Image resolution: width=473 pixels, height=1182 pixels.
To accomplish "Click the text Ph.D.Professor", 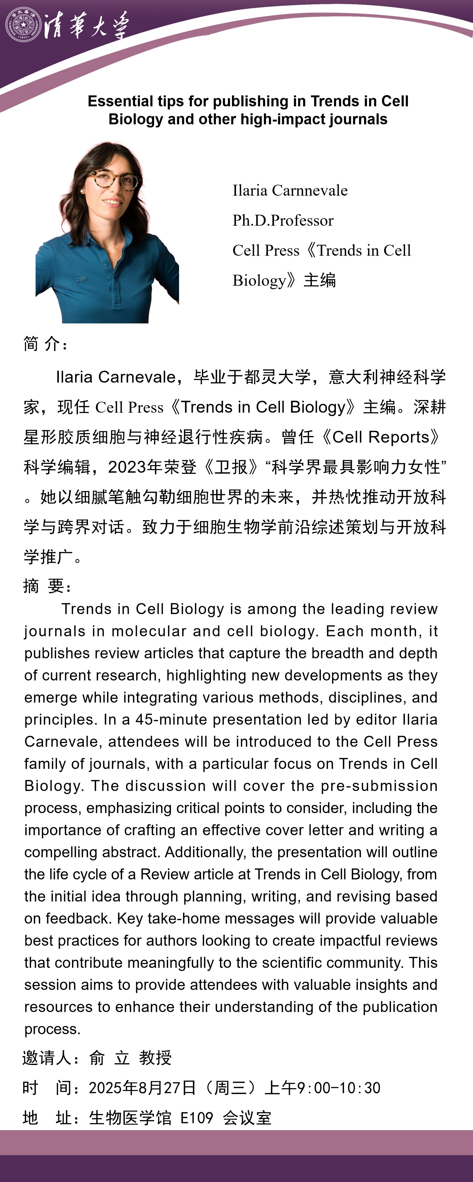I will point(283,220).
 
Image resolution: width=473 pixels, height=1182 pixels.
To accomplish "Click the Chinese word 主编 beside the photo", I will point(320,280).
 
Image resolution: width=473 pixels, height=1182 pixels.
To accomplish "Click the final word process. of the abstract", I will point(52,1029).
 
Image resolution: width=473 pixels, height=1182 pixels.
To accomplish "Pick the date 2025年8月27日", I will point(142,1088).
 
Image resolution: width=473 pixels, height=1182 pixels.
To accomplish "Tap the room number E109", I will point(197,1118).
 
